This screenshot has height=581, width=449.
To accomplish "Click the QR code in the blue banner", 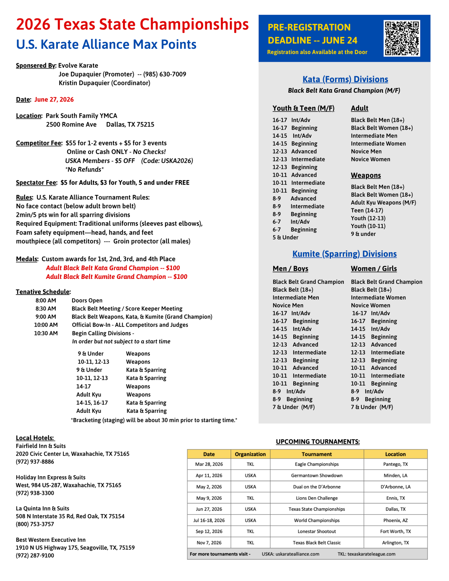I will pos(402,38).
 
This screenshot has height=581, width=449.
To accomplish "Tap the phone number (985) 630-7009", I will pos(165,74).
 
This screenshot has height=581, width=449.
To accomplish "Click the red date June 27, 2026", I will pos(54,100).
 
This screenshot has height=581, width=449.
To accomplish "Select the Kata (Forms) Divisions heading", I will pos(345,79).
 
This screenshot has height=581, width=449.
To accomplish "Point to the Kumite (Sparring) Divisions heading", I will pos(344,254).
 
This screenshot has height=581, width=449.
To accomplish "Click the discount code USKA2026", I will pos(177,161).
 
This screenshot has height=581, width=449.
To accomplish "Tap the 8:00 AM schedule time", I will pos(46,300).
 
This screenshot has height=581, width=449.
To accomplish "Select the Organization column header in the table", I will pos(250,454).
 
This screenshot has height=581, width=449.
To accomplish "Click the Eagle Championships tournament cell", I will pos(317,464).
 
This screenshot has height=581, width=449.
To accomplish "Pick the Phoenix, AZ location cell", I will pos(395,520).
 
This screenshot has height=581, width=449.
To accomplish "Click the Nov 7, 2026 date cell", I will pos(209,543).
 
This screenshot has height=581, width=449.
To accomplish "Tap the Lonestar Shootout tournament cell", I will pos(317,532).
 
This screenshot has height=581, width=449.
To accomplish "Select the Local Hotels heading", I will pos(35,438).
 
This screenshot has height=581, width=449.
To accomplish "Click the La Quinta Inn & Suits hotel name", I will pos(42,508).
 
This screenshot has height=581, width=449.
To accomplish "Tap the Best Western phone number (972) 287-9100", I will pos(35,555).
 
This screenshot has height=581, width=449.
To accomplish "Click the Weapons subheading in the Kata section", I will pos(366,175).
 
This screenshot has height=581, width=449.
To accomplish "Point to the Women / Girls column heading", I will pos(374,269).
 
